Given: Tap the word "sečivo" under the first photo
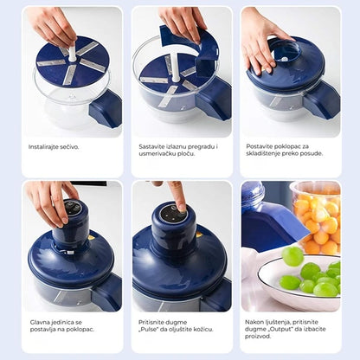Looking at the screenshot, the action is point(70,147).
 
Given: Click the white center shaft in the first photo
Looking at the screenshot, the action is point(72,51).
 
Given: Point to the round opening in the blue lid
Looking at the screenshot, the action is point(285,51).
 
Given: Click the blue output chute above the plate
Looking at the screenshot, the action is point(271,225).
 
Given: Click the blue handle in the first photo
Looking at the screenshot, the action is point(106,107).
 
